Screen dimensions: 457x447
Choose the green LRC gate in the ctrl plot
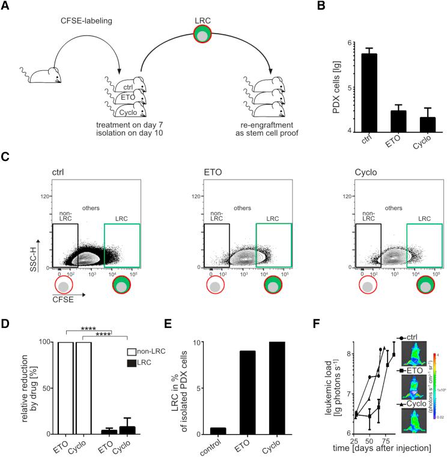click(122, 244)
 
